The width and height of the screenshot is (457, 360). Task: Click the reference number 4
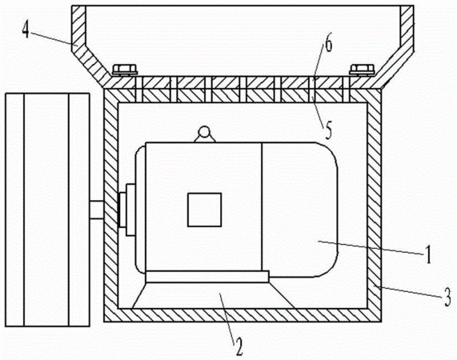point(26,30)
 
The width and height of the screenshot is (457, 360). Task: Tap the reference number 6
point(328,45)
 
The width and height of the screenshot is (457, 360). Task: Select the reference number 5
point(328,132)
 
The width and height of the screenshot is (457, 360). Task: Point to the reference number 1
point(428,254)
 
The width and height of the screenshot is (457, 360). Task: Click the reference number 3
point(448,297)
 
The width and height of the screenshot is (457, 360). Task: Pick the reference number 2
point(239,347)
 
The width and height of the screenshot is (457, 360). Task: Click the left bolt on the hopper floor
point(125,70)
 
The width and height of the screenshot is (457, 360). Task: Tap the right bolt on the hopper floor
point(362,70)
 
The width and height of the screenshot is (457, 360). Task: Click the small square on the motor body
point(204,210)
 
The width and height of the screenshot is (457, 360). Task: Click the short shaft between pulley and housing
point(97,210)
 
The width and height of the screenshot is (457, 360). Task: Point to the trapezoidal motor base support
point(213,295)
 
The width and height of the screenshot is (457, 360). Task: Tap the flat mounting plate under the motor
point(207,277)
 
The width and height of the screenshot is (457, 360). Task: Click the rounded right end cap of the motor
point(300,210)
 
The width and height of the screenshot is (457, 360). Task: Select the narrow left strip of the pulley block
point(14,210)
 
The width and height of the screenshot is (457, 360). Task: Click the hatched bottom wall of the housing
point(243,315)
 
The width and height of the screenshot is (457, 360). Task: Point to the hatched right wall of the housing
point(375,206)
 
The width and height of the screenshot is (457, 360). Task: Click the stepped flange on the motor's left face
point(127,210)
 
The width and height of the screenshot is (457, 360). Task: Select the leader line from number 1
point(371,247)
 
